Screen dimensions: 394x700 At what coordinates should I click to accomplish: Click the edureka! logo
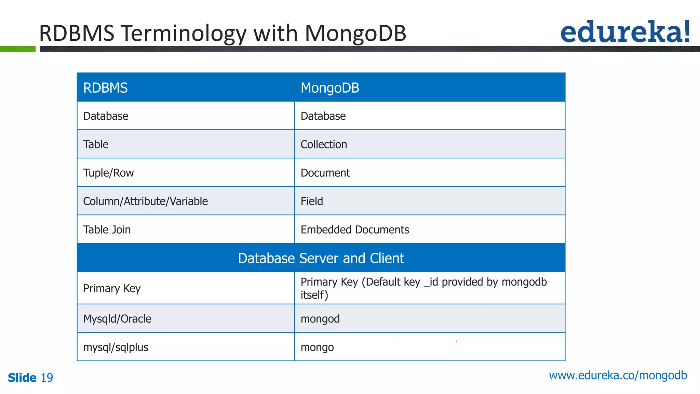[x=625, y=32]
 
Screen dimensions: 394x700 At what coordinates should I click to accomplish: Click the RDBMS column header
[x=106, y=88]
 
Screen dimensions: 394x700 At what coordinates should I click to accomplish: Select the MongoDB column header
[x=330, y=88]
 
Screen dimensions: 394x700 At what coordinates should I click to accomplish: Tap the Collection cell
[x=324, y=144]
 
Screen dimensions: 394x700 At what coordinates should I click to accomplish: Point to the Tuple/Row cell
[x=108, y=173]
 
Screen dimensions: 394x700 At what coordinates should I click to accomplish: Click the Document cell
[x=325, y=173]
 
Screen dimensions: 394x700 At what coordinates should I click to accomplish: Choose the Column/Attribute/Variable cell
[x=145, y=201]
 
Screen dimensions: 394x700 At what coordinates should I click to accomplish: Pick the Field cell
[x=312, y=201]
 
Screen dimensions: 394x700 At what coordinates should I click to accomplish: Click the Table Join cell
[x=107, y=229]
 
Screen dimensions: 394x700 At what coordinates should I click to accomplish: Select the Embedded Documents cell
[x=355, y=229]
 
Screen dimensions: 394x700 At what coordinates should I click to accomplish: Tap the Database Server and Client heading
[x=321, y=258]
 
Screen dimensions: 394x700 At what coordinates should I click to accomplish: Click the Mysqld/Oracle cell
[x=117, y=319]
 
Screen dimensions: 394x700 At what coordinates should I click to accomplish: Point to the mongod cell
[x=320, y=319]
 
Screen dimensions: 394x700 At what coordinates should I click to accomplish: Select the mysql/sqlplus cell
[x=116, y=347]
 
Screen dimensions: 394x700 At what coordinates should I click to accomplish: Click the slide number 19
[x=47, y=378]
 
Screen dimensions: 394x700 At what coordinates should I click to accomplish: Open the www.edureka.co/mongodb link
[x=618, y=376]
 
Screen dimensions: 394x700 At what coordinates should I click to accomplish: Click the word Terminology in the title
[x=184, y=34]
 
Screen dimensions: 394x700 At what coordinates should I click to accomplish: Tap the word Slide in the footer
[x=22, y=378]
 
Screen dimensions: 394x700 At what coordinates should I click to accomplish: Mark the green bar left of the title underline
[x=18, y=49]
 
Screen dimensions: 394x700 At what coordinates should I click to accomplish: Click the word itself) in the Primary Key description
[x=314, y=295]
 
